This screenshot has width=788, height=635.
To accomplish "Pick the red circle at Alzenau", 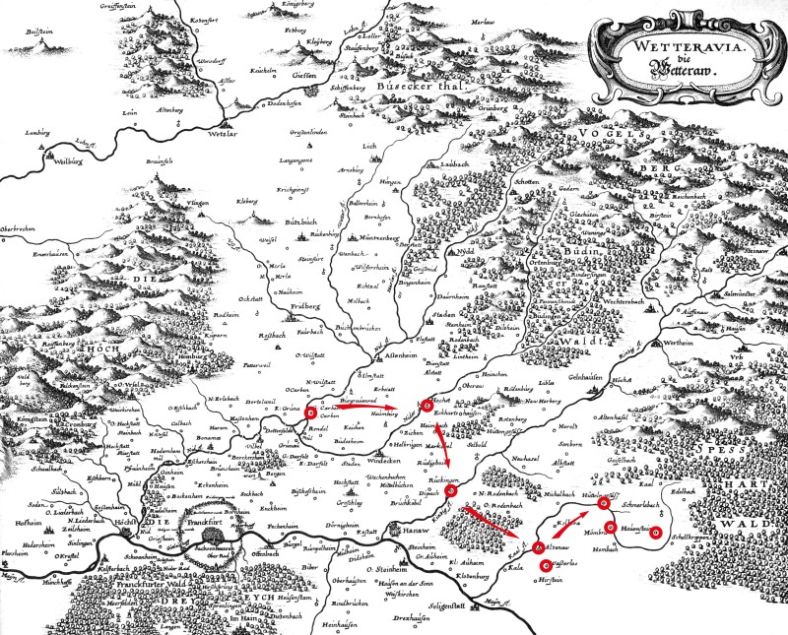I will [539, 547].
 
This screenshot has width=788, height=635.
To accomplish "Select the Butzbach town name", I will [270, 222].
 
